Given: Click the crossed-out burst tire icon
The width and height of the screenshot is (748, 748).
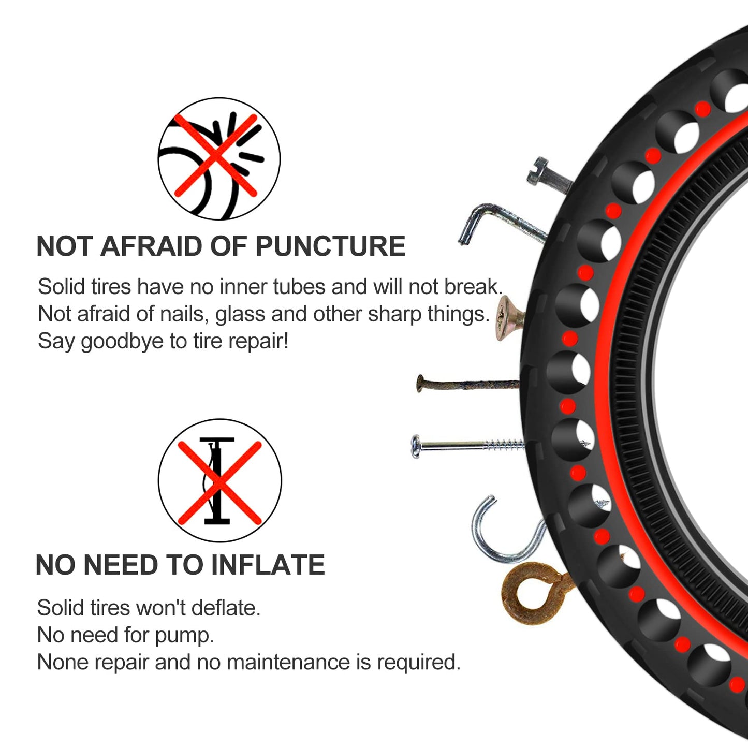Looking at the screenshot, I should click(x=218, y=158).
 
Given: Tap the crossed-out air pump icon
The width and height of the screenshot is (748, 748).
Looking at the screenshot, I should click(x=219, y=480).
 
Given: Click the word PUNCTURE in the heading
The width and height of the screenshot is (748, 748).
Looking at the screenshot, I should click(x=330, y=246).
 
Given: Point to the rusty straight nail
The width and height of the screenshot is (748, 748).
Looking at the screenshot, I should click(x=466, y=385).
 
